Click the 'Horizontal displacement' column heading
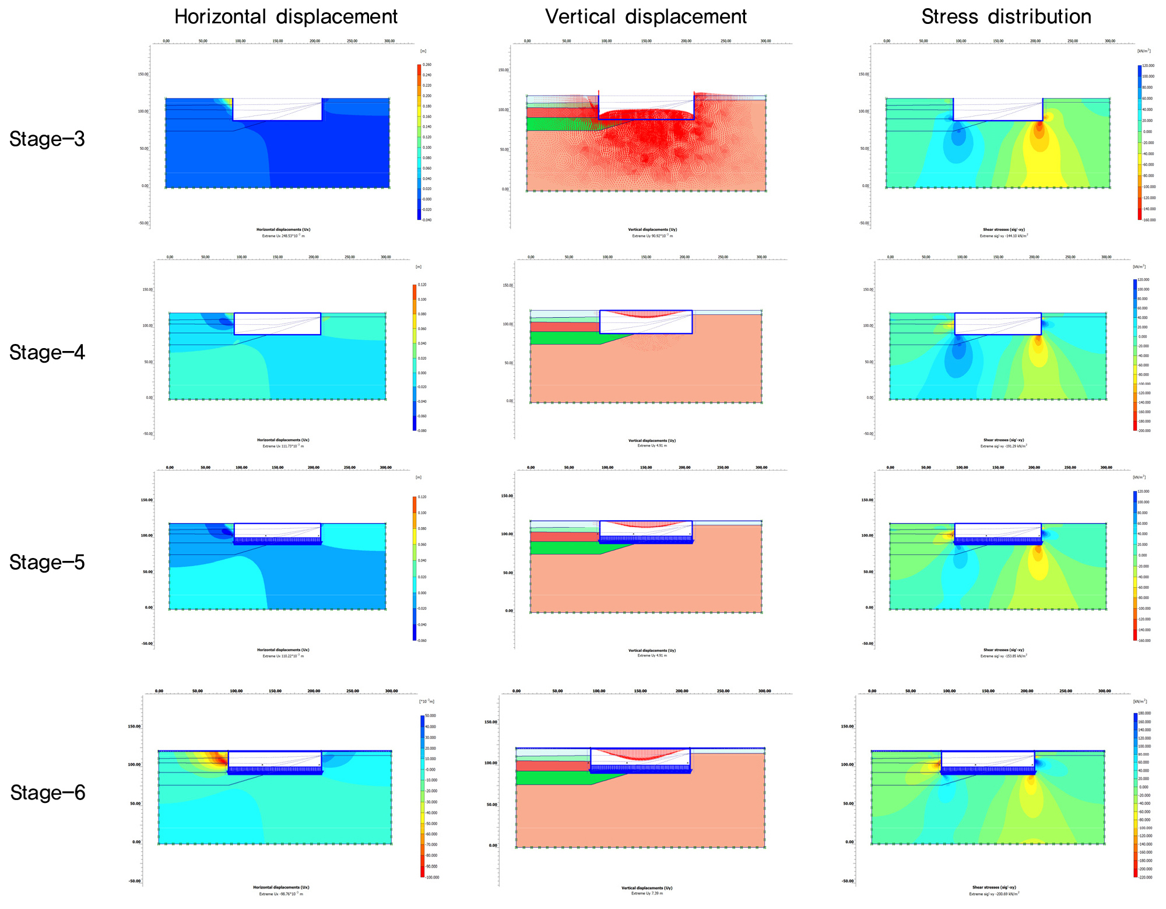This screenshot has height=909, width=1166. (x=286, y=16)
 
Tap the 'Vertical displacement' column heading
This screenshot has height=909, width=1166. (x=645, y=16)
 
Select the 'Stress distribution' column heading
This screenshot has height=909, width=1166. (x=1006, y=16)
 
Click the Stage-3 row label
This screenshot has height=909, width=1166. (x=47, y=139)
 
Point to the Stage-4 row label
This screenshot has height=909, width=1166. (x=47, y=352)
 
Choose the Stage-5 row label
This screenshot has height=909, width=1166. (x=47, y=562)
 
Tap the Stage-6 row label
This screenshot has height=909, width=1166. (x=48, y=792)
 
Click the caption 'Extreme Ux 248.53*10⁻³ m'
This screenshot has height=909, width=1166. (x=283, y=236)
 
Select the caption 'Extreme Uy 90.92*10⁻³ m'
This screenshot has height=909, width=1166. (x=652, y=236)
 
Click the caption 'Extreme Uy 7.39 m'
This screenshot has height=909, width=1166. (x=647, y=893)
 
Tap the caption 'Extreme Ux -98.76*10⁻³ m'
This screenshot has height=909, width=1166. (x=281, y=893)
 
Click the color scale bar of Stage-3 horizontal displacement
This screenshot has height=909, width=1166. (x=419, y=142)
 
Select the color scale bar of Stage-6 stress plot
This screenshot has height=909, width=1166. (x=1135, y=795)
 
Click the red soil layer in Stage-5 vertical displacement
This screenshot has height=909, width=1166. (x=563, y=536)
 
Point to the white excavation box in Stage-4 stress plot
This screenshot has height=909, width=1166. (x=998, y=324)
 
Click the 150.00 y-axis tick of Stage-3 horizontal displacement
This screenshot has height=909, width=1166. (x=143, y=75)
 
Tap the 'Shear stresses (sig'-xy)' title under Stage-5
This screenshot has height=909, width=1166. (x=1003, y=650)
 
